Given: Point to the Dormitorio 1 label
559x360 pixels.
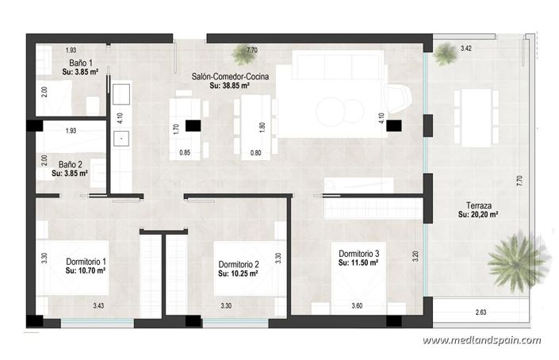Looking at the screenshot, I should (x=86, y=261).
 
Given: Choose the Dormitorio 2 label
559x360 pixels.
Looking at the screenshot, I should (x=239, y=264).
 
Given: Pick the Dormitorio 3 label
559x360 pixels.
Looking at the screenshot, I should (x=358, y=253).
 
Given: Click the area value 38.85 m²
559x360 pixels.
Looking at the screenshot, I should (x=231, y=86).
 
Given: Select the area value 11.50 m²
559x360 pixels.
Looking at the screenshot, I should (x=358, y=262).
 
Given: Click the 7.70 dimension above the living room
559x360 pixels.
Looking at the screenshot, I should (x=252, y=51).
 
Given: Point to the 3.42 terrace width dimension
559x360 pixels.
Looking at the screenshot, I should (x=467, y=49).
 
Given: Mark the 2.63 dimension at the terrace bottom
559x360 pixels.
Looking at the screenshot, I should (x=481, y=313).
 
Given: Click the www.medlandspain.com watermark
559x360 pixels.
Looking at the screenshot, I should (x=481, y=340).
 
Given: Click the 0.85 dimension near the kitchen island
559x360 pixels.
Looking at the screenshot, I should (x=185, y=152).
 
